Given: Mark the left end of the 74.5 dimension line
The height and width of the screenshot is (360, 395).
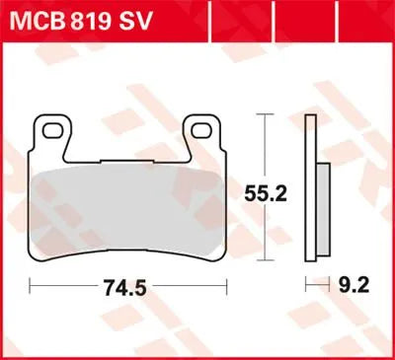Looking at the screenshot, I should [x=32, y=288].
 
